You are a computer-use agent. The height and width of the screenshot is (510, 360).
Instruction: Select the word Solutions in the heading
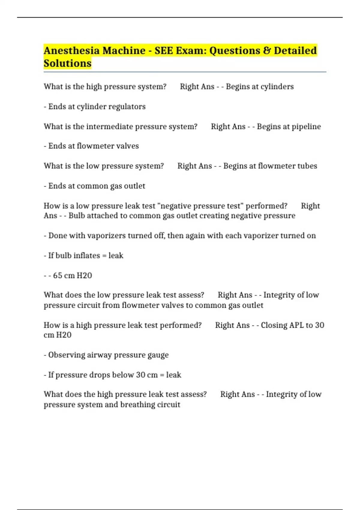[x=67, y=63]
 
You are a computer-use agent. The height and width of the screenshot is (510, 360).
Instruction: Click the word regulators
[x=127, y=106]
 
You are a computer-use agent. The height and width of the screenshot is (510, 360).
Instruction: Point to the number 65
[x=58, y=275]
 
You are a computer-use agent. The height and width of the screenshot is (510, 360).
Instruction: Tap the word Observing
[x=67, y=355]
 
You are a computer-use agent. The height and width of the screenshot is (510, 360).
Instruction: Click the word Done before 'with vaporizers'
[x=58, y=235]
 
